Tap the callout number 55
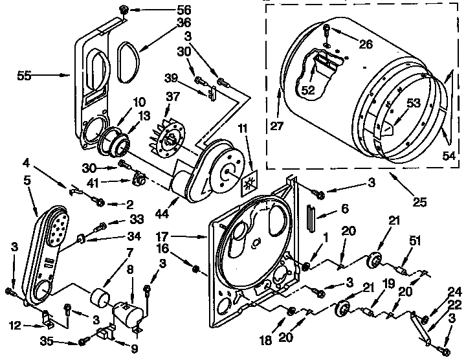(x=25, y=76)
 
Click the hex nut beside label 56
(x=123, y=11)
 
